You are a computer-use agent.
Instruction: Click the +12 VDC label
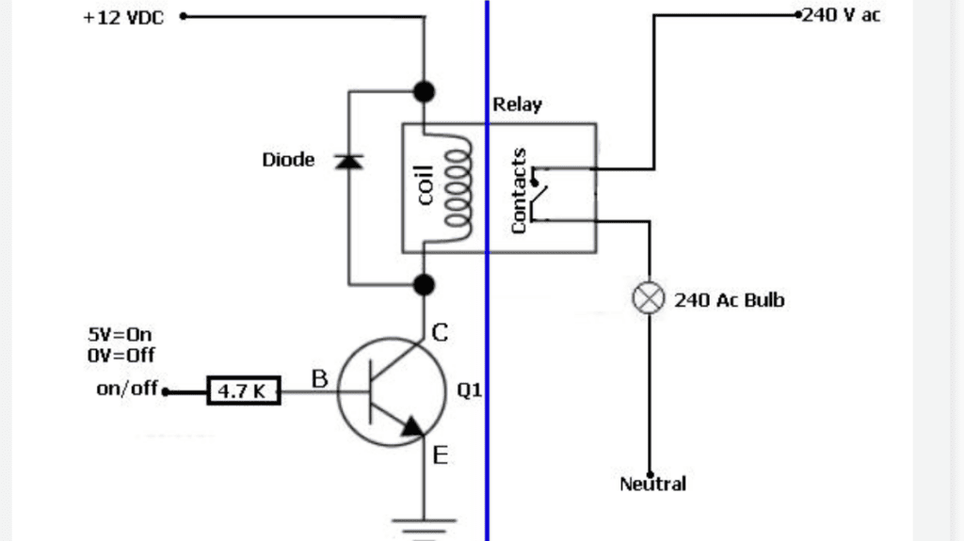pyautogui.click(x=123, y=18)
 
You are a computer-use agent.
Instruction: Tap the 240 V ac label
pyautogui.click(x=841, y=15)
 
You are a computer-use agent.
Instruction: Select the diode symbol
pyautogui.click(x=348, y=162)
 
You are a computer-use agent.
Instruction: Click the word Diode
pyautogui.click(x=288, y=160)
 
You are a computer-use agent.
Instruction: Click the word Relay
pyautogui.click(x=517, y=104)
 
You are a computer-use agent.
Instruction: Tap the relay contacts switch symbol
pyautogui.click(x=539, y=194)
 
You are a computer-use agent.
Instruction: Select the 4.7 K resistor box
pyautogui.click(x=244, y=390)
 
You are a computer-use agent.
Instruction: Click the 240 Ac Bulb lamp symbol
pyautogui.click(x=649, y=298)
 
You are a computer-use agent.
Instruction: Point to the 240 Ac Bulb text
pyautogui.click(x=730, y=300)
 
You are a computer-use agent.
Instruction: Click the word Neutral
pyautogui.click(x=652, y=484)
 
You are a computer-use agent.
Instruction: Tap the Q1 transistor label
pyautogui.click(x=469, y=390)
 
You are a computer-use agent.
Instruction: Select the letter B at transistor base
pyautogui.click(x=320, y=378)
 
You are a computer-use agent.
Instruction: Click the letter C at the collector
pyautogui.click(x=440, y=332)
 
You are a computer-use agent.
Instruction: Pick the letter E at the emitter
pyautogui.click(x=441, y=455)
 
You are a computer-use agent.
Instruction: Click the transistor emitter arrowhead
pyautogui.click(x=413, y=426)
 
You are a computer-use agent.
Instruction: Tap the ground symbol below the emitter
pyautogui.click(x=425, y=529)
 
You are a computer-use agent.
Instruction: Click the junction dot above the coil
pyautogui.click(x=424, y=91)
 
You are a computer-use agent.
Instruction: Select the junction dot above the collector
pyautogui.click(x=424, y=285)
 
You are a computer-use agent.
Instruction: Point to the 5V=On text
pyautogui.click(x=120, y=334)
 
